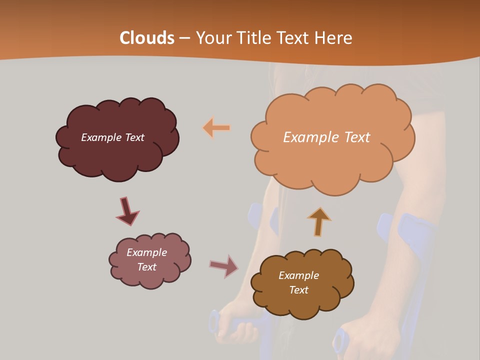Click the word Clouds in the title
(x=147, y=38)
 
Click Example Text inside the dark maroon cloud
(x=112, y=137)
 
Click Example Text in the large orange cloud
(x=326, y=137)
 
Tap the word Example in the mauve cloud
(x=146, y=252)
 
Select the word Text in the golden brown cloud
(x=298, y=290)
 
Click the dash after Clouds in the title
(x=184, y=38)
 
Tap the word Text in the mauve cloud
(x=146, y=267)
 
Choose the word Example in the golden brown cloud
(x=298, y=275)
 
